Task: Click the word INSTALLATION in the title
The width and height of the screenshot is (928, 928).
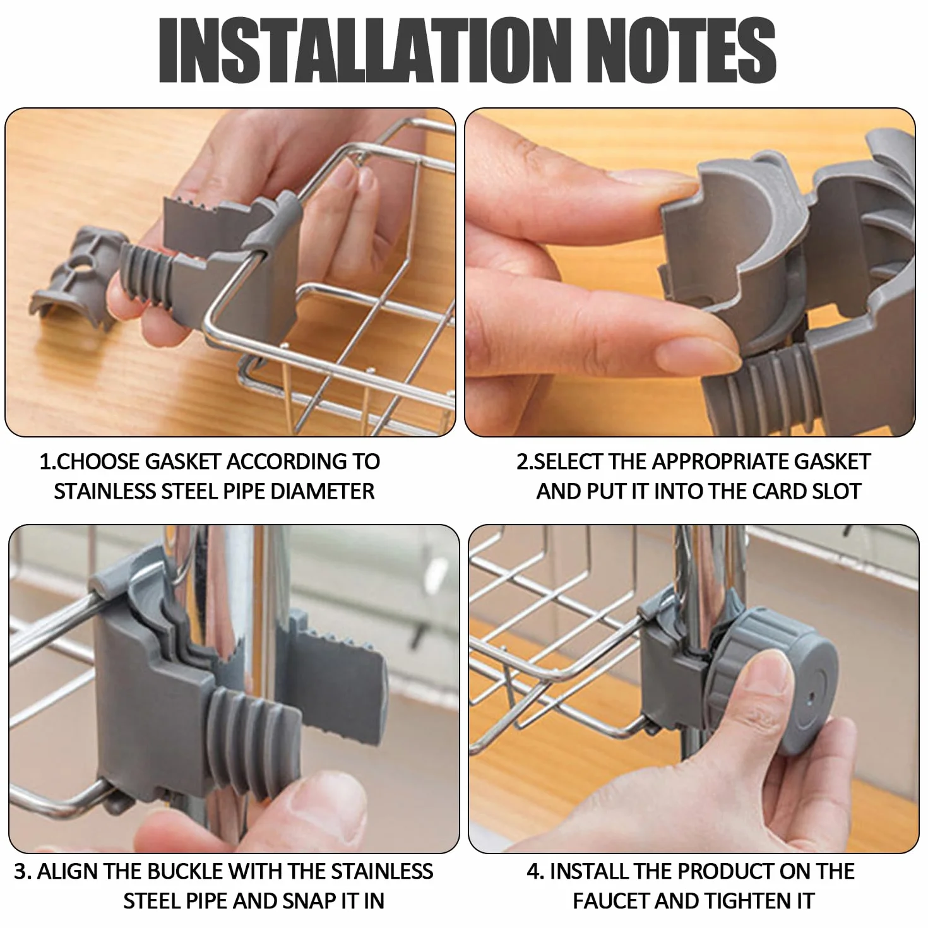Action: (x=366, y=50)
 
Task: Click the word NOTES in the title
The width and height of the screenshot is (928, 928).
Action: (x=684, y=50)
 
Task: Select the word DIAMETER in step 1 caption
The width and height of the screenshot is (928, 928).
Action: (x=322, y=492)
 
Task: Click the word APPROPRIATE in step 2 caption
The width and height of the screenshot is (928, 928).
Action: (x=720, y=462)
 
